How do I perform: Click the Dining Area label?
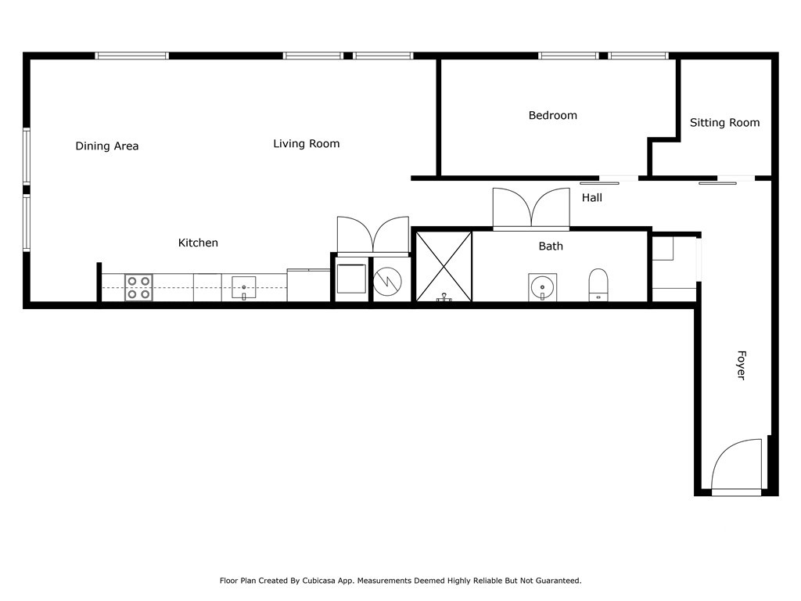click(x=107, y=146)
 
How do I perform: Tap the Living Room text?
click(x=306, y=144)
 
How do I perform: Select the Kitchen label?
click(x=198, y=243)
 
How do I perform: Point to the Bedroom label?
click(x=552, y=116)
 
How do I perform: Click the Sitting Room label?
click(x=724, y=123)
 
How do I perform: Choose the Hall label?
click(x=591, y=198)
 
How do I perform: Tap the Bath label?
click(x=551, y=247)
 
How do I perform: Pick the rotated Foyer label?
click(x=741, y=365)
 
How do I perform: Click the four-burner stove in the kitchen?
click(x=139, y=287)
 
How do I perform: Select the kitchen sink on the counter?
click(x=244, y=288)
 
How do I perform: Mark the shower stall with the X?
click(x=443, y=266)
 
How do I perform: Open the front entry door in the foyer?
click(x=736, y=468)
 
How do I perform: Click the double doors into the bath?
click(x=531, y=210)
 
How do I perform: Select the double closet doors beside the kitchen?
click(x=373, y=236)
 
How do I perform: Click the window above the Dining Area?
click(x=131, y=56)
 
